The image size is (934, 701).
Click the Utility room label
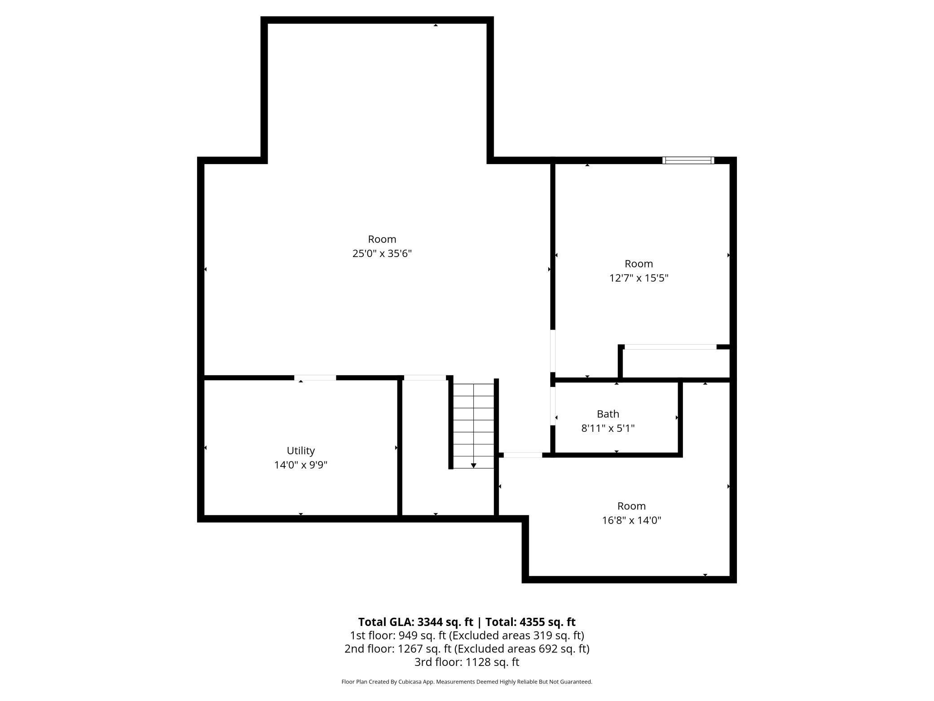coord(300,450)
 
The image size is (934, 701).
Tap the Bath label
coord(608,413)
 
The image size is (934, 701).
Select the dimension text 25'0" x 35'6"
coord(382,253)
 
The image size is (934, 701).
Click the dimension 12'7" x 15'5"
coord(638,278)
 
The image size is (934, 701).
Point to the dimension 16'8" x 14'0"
coord(631,520)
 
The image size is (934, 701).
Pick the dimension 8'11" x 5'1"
coord(608,428)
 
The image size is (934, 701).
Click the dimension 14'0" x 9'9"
coord(300,465)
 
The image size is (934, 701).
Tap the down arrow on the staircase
coord(473,465)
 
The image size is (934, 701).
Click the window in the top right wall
coord(688,160)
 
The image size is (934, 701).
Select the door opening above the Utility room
coord(315,377)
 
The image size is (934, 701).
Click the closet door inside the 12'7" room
coord(670,346)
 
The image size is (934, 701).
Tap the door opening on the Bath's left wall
coord(553,406)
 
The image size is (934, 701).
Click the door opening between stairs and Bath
coord(523,455)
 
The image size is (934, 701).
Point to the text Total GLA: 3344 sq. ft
coord(415,622)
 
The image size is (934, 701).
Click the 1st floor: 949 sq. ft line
coord(467,635)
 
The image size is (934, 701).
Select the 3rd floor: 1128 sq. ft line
coord(467,661)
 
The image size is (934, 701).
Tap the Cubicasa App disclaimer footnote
coord(467,682)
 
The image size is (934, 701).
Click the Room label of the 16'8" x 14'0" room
coord(631,506)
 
